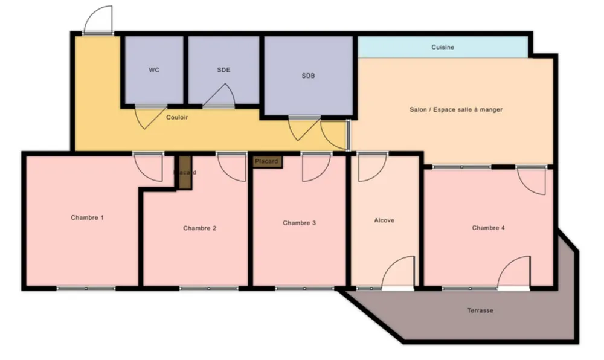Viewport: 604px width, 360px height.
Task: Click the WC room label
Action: click(x=154, y=70)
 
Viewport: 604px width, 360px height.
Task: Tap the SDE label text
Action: click(x=223, y=70)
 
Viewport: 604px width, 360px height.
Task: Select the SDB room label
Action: click(x=308, y=76)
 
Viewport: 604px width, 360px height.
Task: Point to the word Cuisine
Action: click(x=443, y=47)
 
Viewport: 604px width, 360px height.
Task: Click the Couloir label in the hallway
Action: click(x=177, y=117)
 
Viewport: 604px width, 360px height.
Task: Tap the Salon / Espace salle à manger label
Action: click(x=456, y=110)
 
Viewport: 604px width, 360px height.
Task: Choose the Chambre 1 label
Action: click(x=87, y=217)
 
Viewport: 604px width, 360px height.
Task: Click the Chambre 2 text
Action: click(x=199, y=228)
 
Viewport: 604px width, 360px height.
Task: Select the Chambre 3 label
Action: click(x=300, y=223)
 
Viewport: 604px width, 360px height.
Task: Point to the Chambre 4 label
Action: click(x=489, y=228)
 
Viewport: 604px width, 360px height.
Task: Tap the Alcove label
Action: click(x=384, y=220)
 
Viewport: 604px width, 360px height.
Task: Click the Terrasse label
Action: click(x=480, y=310)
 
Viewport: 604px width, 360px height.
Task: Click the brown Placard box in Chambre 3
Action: click(x=268, y=162)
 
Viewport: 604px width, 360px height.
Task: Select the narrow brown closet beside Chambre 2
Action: click(x=185, y=173)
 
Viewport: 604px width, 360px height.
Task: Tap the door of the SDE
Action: click(x=218, y=95)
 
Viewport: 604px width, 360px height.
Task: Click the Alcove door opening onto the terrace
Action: click(x=398, y=272)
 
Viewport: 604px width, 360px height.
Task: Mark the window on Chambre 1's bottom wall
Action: click(x=86, y=288)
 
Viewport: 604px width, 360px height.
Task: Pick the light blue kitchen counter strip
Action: click(x=443, y=47)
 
